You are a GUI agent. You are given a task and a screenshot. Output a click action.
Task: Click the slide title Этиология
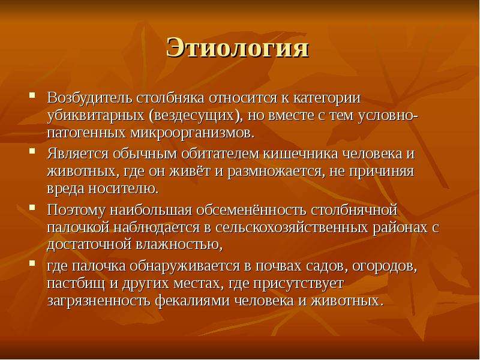(238, 48)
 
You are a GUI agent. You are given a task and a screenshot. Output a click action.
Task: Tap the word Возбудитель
(89, 98)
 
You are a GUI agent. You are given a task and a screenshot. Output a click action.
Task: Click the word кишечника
(301, 154)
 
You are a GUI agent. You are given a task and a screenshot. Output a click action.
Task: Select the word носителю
(124, 189)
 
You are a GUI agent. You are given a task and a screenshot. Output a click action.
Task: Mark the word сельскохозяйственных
(291, 227)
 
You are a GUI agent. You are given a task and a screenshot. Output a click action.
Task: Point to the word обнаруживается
(185, 266)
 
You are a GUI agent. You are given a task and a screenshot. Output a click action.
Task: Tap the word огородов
(385, 266)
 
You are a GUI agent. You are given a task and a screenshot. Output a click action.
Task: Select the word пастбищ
(77, 283)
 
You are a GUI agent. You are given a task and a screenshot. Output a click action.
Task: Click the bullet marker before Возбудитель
(32, 95)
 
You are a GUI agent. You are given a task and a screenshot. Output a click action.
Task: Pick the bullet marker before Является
(32, 151)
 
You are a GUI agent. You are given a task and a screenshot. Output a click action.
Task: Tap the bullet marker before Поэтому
(32, 207)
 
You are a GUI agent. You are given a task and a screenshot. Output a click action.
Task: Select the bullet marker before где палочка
(32, 263)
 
